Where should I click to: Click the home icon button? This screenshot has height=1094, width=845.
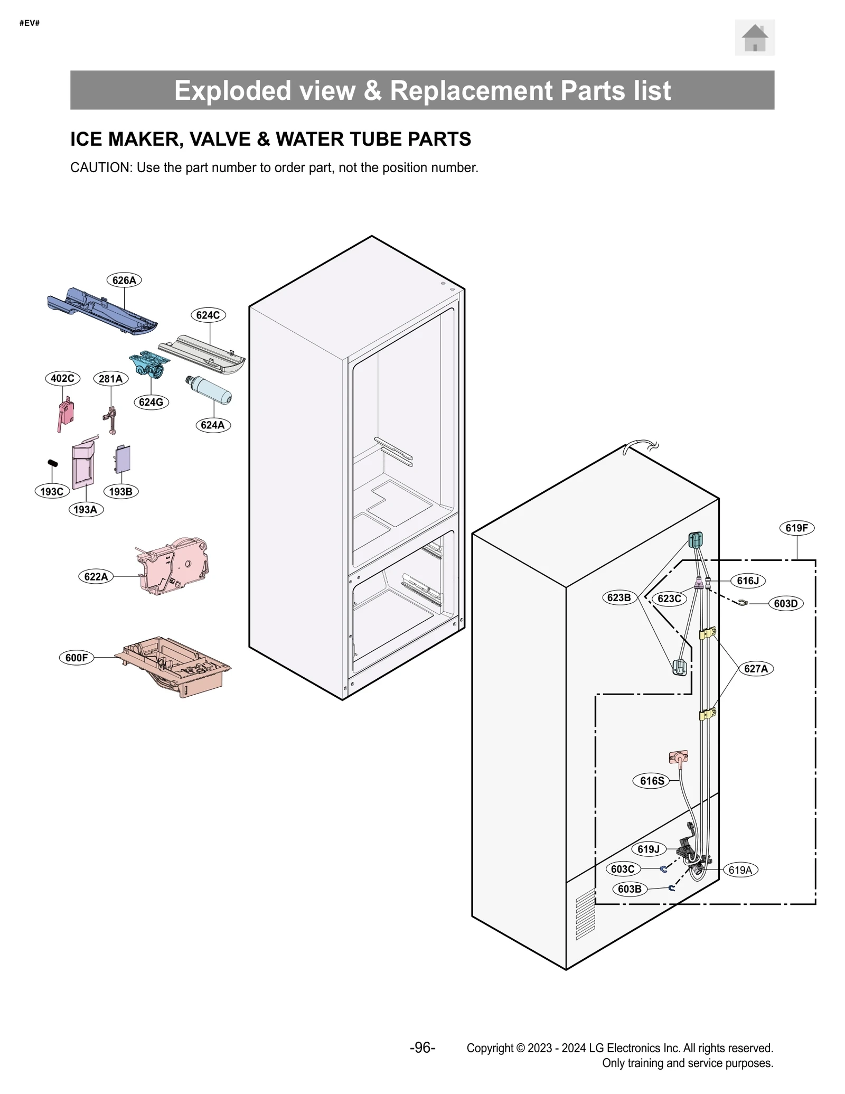coord(754,38)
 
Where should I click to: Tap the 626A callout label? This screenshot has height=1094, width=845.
coord(124,280)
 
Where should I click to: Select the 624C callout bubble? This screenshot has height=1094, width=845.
coord(208,315)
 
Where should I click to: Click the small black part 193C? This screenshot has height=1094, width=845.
coord(53,463)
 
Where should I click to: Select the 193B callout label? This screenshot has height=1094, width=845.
coord(120,491)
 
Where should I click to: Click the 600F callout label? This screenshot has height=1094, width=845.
coord(76,658)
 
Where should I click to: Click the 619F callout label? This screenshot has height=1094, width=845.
coord(796,528)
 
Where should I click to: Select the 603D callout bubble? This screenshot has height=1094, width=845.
coord(785,603)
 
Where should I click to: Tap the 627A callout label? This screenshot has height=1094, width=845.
coord(755,668)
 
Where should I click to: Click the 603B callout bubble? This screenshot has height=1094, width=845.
coord(629,889)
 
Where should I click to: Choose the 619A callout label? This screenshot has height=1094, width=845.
coord(739,870)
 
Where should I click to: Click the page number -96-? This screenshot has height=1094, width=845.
coord(422,1048)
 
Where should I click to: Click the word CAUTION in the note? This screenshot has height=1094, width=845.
coord(100,167)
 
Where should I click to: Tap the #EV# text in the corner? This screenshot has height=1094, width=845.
coord(30,23)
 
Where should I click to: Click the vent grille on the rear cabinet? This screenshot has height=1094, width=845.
coord(585,914)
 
